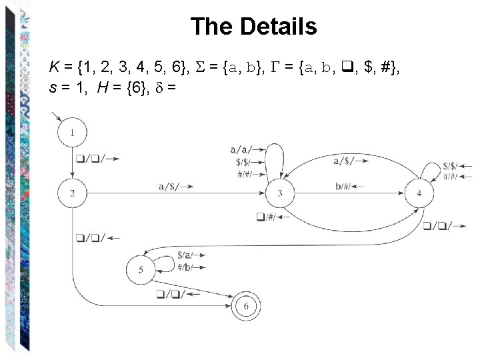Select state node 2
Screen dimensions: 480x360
tap(72, 193)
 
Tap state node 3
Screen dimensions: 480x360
tap(280, 193)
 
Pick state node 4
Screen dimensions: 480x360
tap(419, 193)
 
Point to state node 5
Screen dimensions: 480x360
tap(141, 270)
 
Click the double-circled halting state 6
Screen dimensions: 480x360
tap(246, 306)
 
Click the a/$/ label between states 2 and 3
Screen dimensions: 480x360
tap(171, 188)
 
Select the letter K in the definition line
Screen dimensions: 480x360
tap(53, 67)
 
